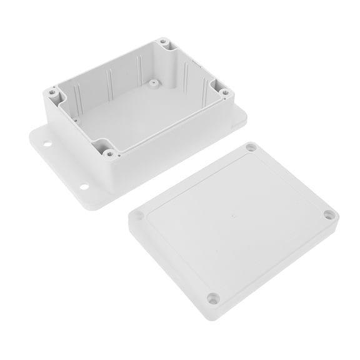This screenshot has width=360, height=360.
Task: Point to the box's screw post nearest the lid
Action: [x=110, y=152]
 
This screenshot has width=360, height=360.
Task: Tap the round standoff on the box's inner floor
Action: [x=152, y=81]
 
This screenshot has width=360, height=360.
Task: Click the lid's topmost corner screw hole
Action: [x=251, y=147]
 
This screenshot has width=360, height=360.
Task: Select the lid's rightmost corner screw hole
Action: [x=329, y=215]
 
